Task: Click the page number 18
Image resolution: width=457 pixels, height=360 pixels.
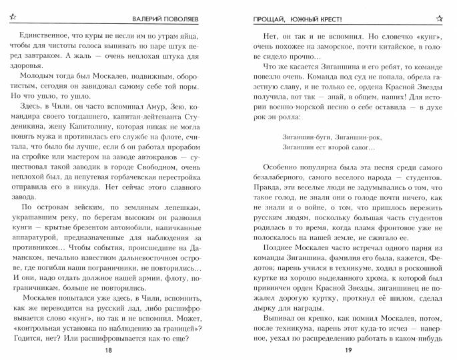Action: (x=119, y=349)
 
